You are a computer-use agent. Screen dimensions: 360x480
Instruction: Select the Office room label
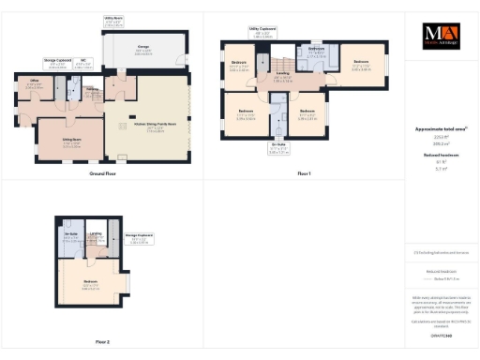coord(34,85)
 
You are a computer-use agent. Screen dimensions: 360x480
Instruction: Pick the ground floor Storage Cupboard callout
coord(57,66)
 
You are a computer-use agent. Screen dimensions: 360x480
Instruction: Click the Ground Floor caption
coord(102,174)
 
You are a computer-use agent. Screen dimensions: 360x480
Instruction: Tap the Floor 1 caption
coord(304,174)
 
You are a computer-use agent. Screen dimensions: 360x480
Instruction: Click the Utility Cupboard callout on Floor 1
coord(262,32)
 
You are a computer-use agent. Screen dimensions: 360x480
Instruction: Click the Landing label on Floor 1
coord(282,79)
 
